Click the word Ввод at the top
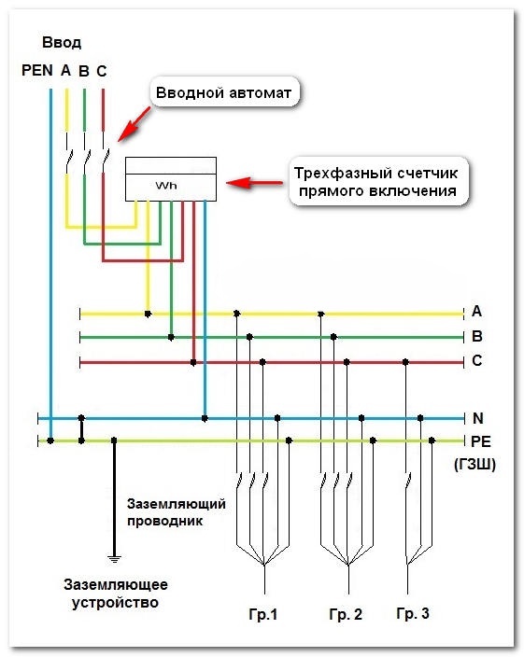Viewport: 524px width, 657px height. pyautogui.click(x=62, y=43)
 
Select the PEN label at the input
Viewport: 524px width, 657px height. pyautogui.click(x=37, y=70)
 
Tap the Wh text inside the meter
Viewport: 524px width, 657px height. pyautogui.click(x=166, y=185)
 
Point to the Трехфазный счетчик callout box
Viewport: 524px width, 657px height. pyautogui.click(x=377, y=182)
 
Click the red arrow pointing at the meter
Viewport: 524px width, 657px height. pyautogui.click(x=254, y=183)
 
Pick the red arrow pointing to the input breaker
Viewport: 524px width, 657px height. pyautogui.click(x=134, y=124)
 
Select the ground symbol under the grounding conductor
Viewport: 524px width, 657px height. pyautogui.click(x=114, y=558)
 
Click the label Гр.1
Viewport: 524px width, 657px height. pyautogui.click(x=263, y=614)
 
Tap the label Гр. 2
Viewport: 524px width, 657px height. pyautogui.click(x=346, y=614)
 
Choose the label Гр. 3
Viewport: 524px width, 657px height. pyautogui.click(x=413, y=613)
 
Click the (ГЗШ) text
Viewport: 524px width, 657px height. pyautogui.click(x=474, y=464)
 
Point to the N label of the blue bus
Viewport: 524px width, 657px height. pyautogui.click(x=478, y=418)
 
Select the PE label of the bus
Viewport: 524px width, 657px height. pyautogui.click(x=481, y=441)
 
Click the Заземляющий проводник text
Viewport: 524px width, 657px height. pyautogui.click(x=176, y=512)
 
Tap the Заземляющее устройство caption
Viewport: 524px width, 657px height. pyautogui.click(x=116, y=594)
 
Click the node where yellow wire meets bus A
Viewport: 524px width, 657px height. pyautogui.click(x=148, y=314)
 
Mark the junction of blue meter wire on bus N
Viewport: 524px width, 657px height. pyautogui.click(x=205, y=418)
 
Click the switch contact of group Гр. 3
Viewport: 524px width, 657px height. pyautogui.click(x=407, y=481)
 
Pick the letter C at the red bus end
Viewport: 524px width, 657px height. pyautogui.click(x=477, y=360)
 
